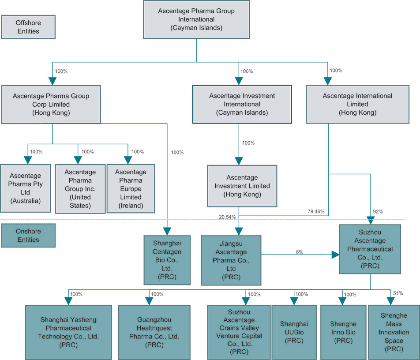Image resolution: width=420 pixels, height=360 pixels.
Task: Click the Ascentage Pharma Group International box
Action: point(196,20)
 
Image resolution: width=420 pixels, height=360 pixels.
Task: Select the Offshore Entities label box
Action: point(27,27)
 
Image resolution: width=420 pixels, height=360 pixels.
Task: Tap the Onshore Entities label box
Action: point(27,235)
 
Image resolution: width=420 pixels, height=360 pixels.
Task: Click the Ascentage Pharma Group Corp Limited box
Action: point(51,104)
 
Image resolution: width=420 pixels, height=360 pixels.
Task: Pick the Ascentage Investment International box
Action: point(242,104)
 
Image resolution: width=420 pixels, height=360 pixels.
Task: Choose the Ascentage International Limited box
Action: point(357,104)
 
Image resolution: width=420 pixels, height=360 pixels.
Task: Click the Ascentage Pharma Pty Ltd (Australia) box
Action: point(25,188)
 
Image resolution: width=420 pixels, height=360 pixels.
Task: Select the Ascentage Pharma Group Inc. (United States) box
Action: point(78,188)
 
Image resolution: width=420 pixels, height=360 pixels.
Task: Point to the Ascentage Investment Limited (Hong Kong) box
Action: point(242,185)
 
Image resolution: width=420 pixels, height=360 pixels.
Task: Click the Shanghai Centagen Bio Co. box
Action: point(167,259)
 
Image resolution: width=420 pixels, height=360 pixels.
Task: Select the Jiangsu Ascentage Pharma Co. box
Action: point(231,259)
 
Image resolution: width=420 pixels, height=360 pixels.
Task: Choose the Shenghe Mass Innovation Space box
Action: point(394,332)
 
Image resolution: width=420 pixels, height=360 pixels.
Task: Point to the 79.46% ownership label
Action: point(316,212)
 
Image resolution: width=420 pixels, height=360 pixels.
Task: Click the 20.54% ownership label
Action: point(227,217)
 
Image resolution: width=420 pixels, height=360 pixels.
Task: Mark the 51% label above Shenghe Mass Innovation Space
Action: point(397,293)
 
